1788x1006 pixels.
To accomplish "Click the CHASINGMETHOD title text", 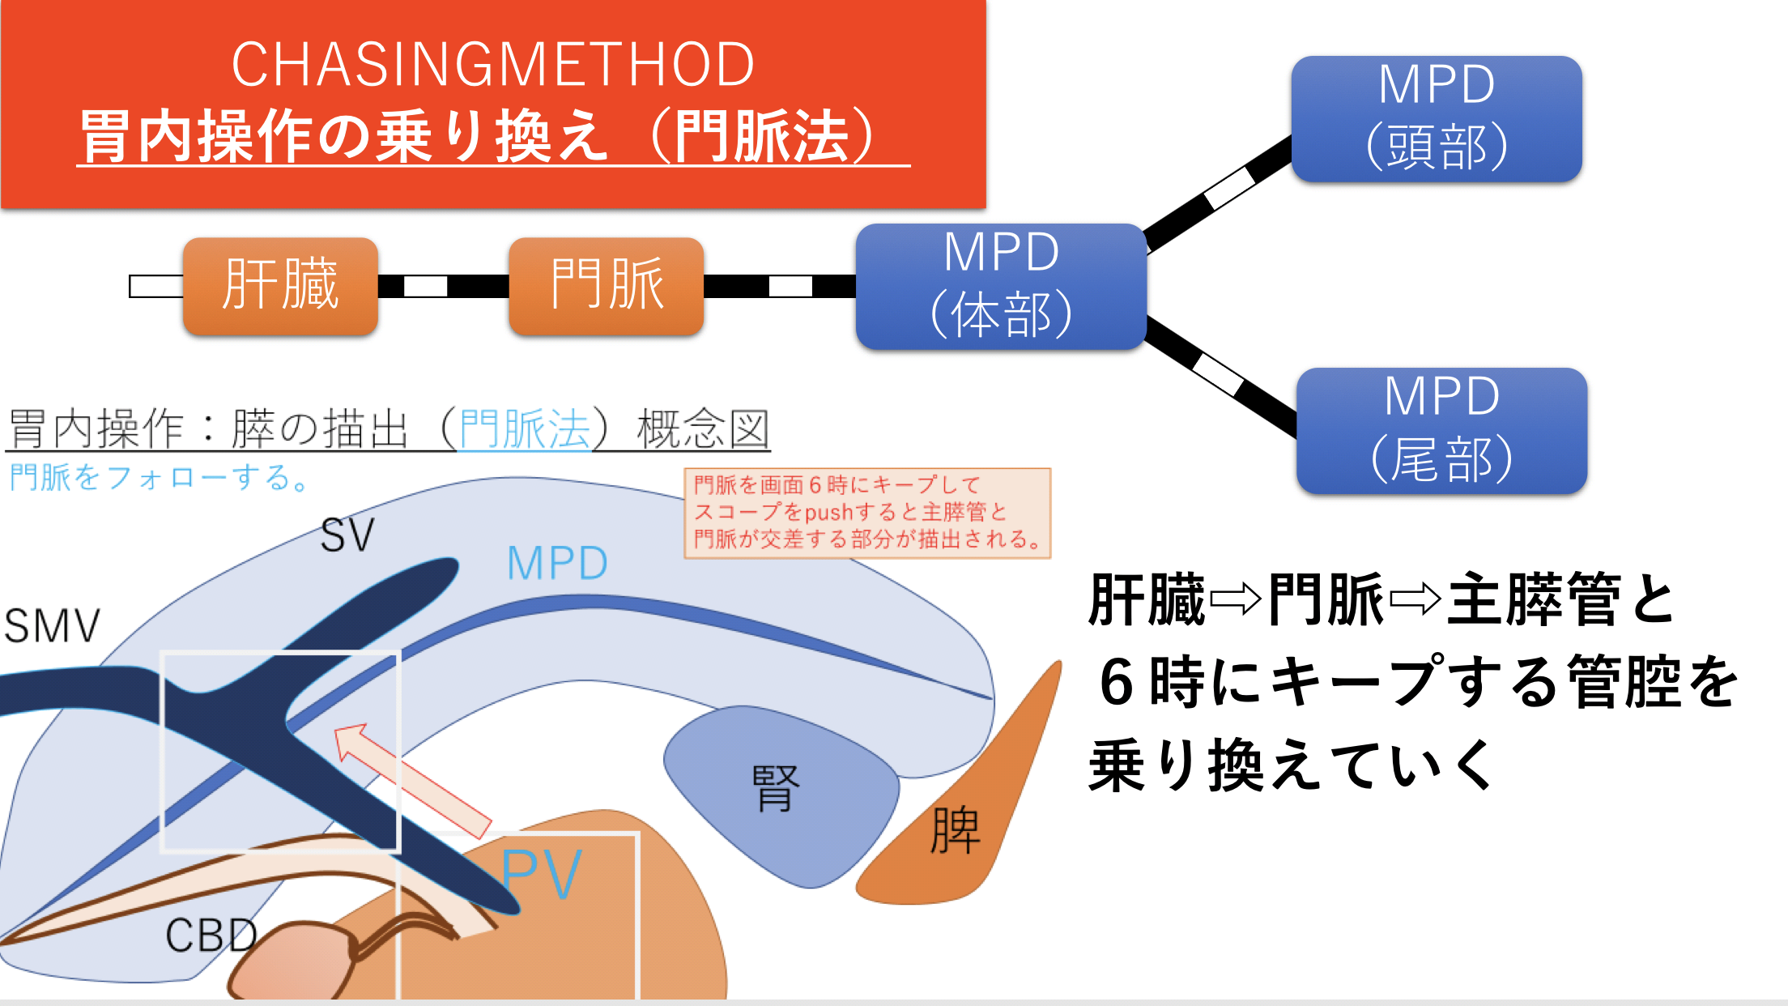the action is coord(493,65).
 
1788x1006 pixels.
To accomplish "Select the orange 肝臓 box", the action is coord(280,286).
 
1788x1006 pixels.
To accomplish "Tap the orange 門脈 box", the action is coord(607,286).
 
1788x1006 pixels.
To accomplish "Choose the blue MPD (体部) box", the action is coord(1001,286).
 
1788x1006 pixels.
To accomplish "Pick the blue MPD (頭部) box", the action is coord(1437,119).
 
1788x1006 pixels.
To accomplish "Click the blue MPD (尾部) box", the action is coord(1441,431).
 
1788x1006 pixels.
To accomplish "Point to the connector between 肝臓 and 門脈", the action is coord(444,286).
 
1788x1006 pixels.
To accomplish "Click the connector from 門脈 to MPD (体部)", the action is coord(780,286).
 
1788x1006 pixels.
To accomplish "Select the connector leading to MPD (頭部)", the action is coord(1219,194).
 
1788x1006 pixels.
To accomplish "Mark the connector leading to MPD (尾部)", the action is coord(1221,377).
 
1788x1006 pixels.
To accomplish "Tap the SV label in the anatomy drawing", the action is coord(348,535).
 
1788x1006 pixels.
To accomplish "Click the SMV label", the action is coord(53,626).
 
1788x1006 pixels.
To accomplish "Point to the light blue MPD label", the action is coord(557,563).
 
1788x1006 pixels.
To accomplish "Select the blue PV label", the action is coord(541,875).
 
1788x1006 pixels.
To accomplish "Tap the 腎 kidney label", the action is coord(775,787).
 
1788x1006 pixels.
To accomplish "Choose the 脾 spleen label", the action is coord(956,831).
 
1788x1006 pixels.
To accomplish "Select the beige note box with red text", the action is coord(867,514).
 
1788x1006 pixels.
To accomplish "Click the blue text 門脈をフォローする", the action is coord(160,477).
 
